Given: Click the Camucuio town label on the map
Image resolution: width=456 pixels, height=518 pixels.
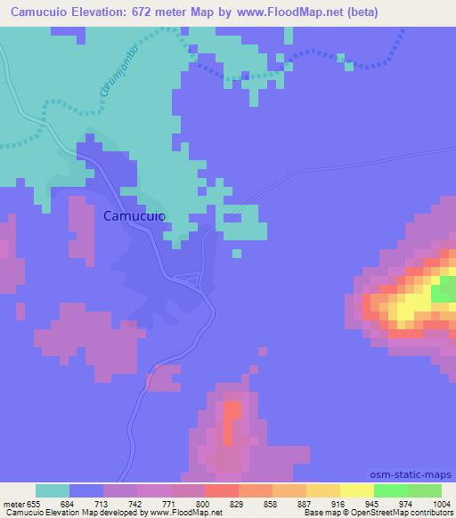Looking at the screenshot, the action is pos(134,214).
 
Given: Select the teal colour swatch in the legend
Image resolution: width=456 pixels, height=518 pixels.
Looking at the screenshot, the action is pos(53,490).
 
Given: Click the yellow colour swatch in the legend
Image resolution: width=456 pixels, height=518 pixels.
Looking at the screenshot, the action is pos(357,490).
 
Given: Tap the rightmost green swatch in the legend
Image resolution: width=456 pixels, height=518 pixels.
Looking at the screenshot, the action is pos(425,490).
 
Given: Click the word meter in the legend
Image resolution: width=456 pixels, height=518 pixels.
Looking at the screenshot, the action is pos(16,503).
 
